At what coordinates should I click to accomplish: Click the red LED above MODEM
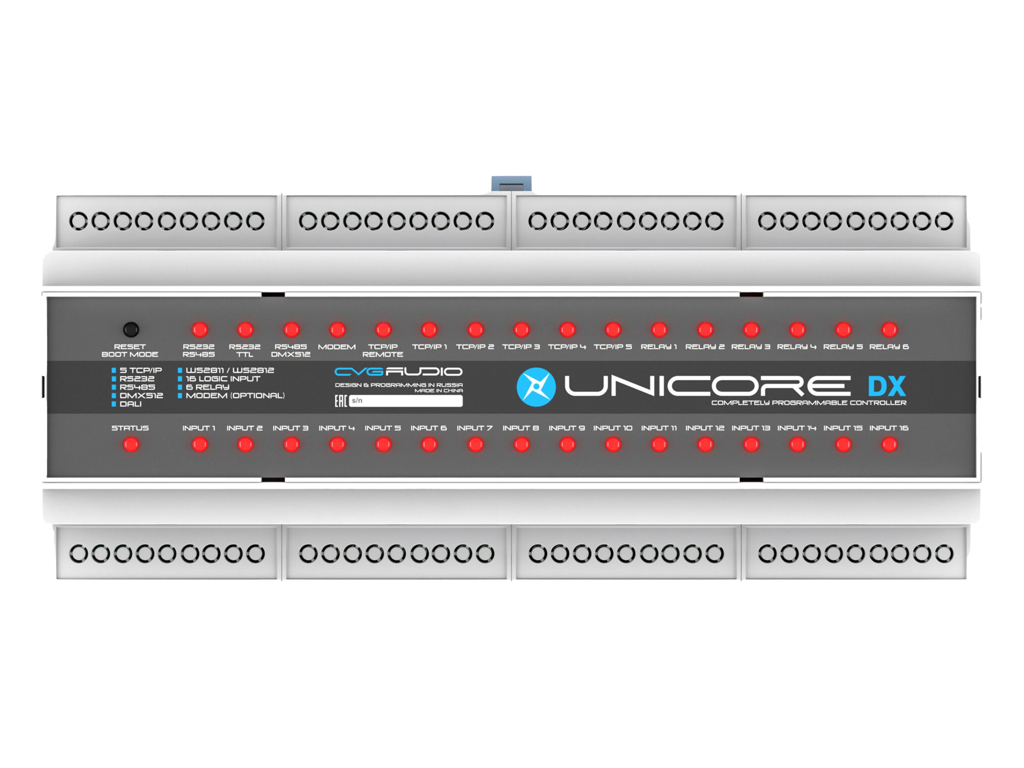click(x=337, y=329)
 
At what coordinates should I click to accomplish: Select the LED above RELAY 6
click(x=889, y=329)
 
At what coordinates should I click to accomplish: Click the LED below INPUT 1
click(x=199, y=444)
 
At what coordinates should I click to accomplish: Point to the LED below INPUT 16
click(x=889, y=444)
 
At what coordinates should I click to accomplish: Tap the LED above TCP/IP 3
click(x=521, y=329)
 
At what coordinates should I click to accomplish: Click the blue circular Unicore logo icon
click(x=536, y=386)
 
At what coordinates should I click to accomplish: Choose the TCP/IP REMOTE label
click(x=383, y=350)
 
